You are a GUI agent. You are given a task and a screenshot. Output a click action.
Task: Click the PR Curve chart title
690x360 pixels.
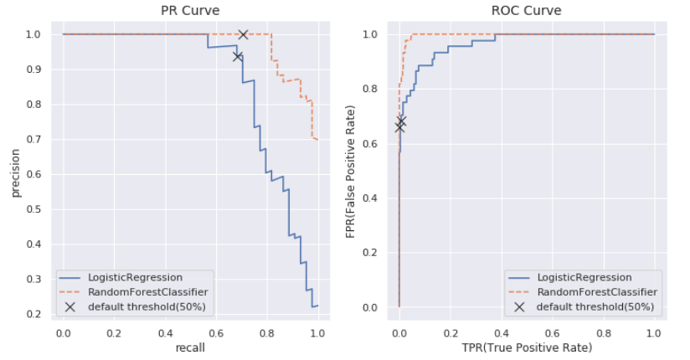coord(190,11)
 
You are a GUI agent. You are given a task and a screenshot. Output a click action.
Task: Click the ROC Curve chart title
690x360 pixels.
coord(526,11)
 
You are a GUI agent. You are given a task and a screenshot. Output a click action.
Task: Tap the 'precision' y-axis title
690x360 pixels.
coord(16,174)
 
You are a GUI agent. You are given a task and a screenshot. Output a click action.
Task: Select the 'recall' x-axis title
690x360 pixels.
coord(191,347)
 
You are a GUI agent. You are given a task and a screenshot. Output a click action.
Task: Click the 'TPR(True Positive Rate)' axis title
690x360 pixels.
coord(526,347)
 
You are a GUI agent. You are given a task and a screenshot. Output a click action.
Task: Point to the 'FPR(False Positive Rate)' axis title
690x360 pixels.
coord(352,172)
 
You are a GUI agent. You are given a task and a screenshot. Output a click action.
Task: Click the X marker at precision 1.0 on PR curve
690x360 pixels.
coord(243,34)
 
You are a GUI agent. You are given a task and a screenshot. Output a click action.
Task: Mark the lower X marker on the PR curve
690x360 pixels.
coord(238,56)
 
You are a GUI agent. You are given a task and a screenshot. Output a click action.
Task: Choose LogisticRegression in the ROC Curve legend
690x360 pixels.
coord(584,277)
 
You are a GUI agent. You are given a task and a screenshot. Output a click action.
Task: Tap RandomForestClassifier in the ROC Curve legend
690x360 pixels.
coord(596,292)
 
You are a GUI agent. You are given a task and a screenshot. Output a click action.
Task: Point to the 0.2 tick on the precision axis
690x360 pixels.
coord(35,314)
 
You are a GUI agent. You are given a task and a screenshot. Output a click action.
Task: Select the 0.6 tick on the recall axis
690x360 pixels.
coord(216,332)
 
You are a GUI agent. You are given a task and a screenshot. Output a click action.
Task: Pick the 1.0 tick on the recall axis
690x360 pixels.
coord(318,332)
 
